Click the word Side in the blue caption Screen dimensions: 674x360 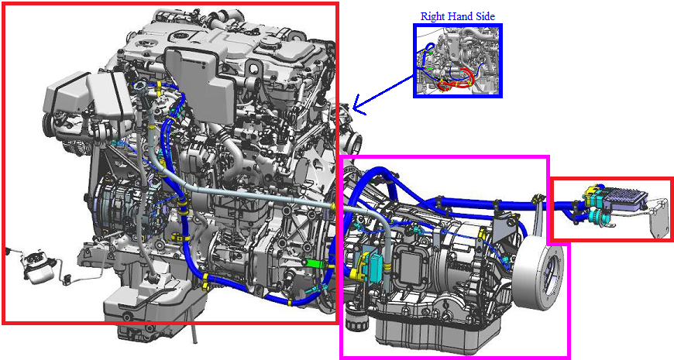tap(485, 17)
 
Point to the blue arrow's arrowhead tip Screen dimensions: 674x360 tap(353, 108)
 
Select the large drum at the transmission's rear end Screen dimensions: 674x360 tap(538, 274)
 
